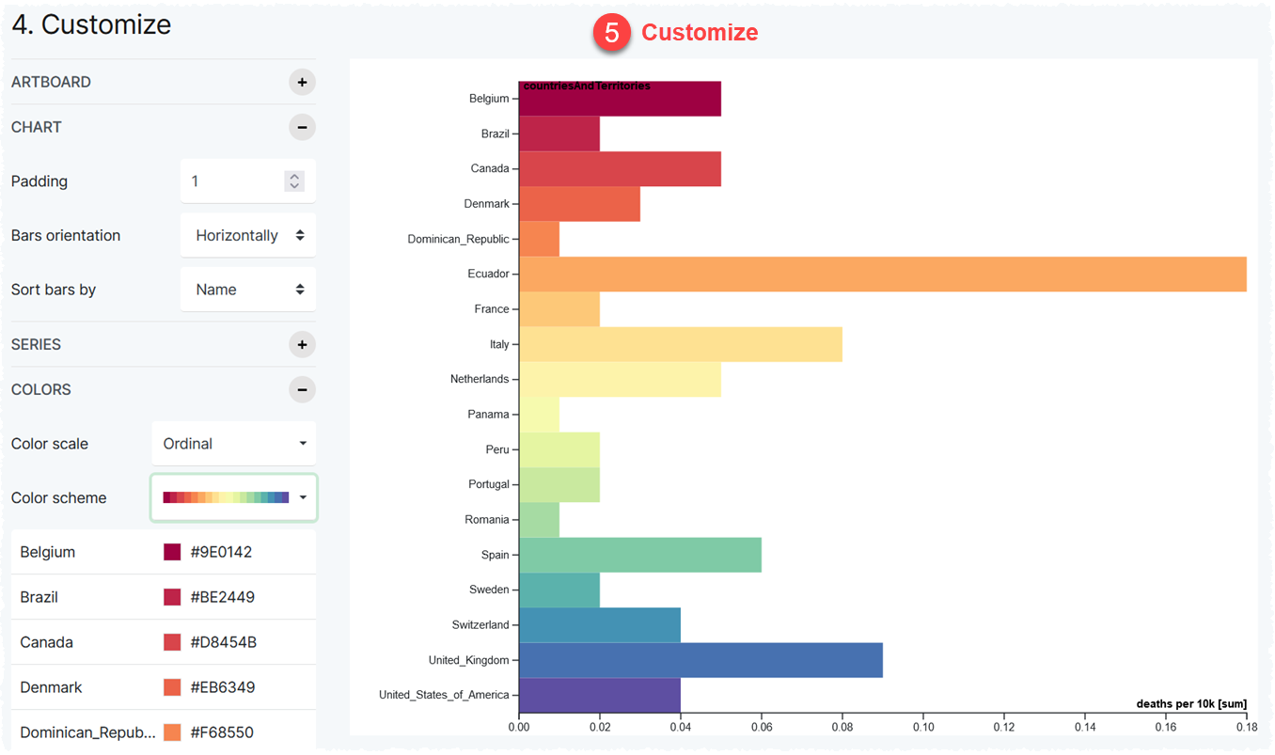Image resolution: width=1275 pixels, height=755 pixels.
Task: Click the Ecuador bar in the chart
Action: pos(882,274)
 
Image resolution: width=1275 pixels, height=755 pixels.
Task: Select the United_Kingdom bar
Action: pos(700,660)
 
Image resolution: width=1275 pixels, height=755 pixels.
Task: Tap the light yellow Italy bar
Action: pos(680,344)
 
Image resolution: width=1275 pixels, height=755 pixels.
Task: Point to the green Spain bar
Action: pos(639,555)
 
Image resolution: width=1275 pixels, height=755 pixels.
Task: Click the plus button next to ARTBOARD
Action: pos(302,82)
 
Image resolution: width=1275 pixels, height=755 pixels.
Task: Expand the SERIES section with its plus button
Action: pos(302,344)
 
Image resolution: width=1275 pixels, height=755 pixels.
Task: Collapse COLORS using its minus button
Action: pos(302,389)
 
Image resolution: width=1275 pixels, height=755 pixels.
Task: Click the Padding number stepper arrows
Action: pos(294,181)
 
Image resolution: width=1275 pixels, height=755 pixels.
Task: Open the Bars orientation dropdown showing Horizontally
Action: pos(248,235)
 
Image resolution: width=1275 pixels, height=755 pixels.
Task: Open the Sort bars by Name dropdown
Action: pos(248,290)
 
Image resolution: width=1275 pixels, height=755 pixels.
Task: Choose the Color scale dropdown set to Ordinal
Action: pos(234,444)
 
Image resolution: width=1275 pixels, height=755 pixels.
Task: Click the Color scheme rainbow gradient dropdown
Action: pos(234,497)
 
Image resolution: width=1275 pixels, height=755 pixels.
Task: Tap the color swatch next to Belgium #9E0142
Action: pos(172,552)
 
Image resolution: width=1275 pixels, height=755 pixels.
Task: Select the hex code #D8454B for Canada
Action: pos(223,642)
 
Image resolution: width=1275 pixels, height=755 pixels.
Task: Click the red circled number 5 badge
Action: pos(611,33)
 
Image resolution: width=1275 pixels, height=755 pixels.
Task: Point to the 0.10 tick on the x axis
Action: pos(923,727)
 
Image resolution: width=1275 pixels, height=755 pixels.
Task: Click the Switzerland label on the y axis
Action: pos(480,625)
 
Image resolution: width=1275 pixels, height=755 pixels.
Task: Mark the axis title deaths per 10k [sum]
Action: pos(1191,703)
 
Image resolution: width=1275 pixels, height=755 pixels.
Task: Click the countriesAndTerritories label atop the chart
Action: pos(587,87)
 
